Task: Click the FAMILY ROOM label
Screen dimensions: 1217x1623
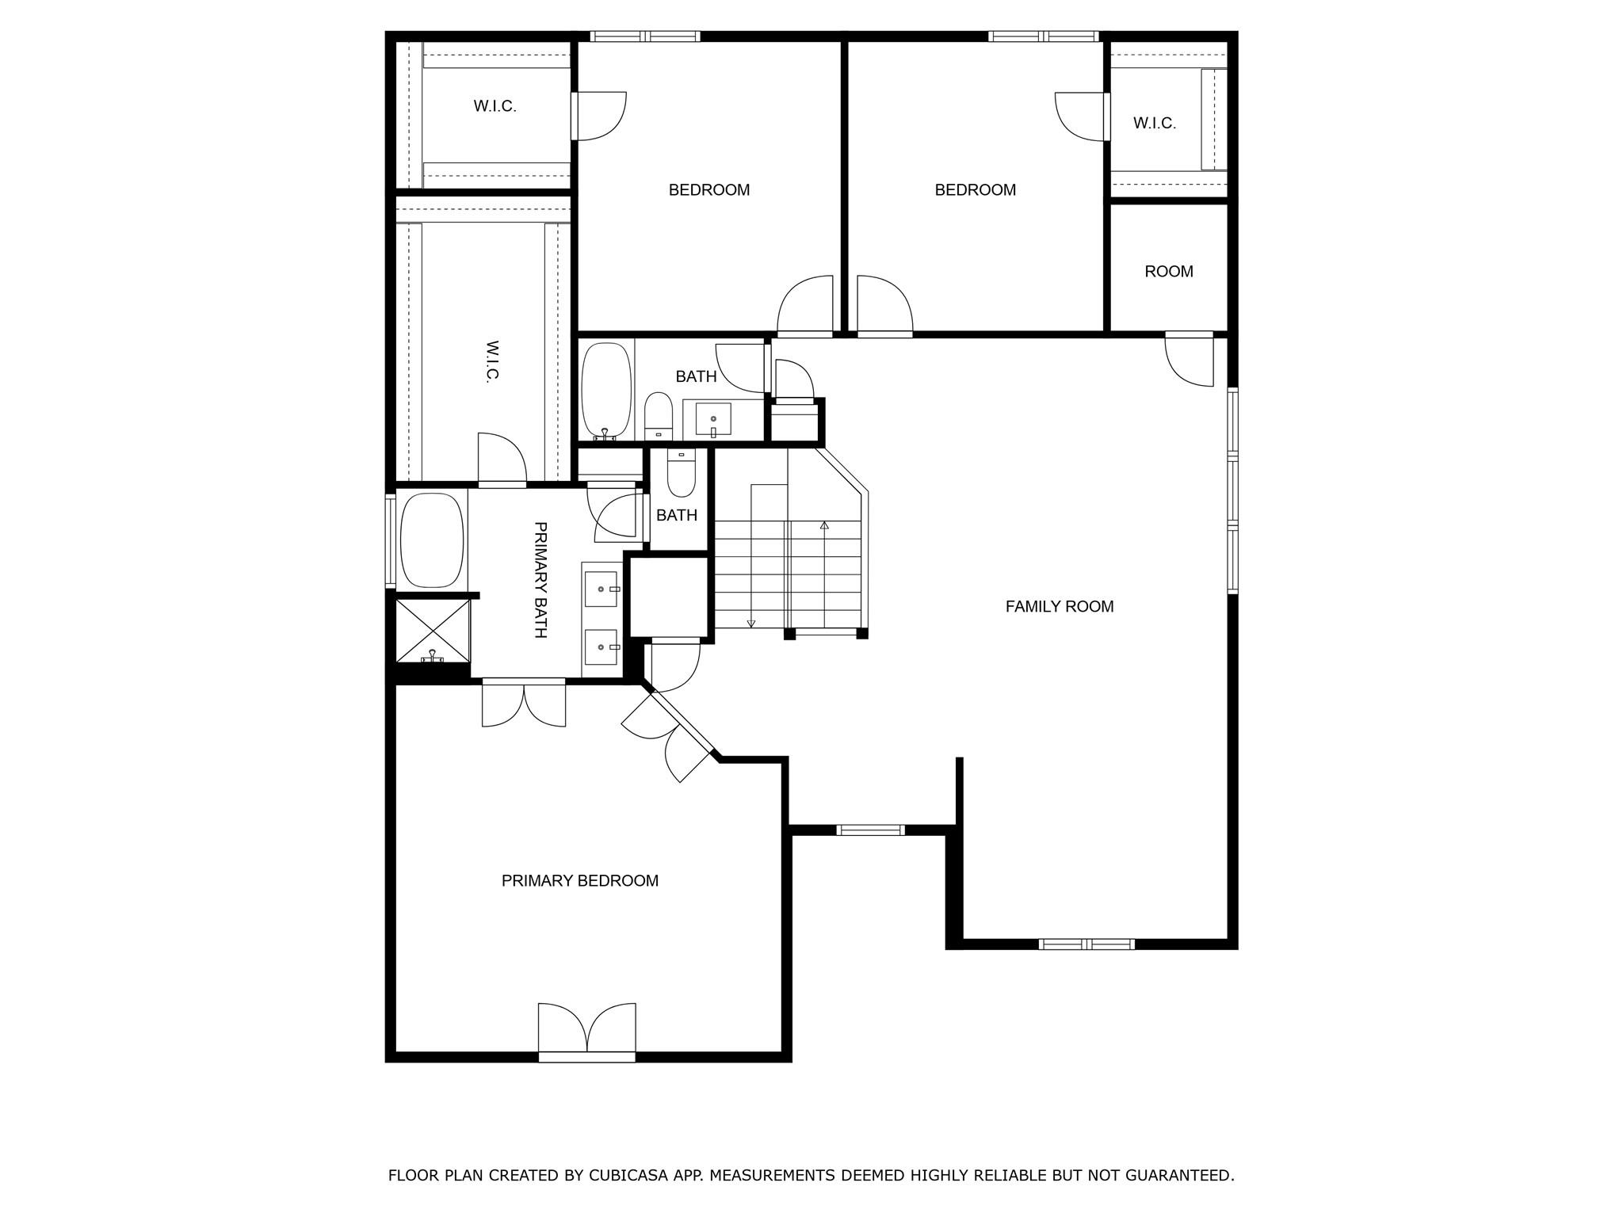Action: tap(1059, 606)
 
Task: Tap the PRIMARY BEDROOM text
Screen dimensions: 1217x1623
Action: tap(579, 880)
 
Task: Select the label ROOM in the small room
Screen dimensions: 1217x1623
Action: tap(1168, 271)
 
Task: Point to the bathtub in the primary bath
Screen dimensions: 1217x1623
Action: tap(431, 540)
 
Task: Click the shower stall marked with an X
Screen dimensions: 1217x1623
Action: tap(432, 631)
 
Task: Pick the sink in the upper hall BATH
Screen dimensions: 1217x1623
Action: tap(712, 419)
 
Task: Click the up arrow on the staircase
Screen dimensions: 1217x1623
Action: tap(824, 525)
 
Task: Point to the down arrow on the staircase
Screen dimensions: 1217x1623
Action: tap(750, 624)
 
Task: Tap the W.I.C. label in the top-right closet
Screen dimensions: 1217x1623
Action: tap(1154, 123)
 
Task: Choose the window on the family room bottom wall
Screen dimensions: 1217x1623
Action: tap(1086, 944)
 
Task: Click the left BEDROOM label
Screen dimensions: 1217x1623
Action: tap(708, 189)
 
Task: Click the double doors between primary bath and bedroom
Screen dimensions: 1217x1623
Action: tap(524, 703)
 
